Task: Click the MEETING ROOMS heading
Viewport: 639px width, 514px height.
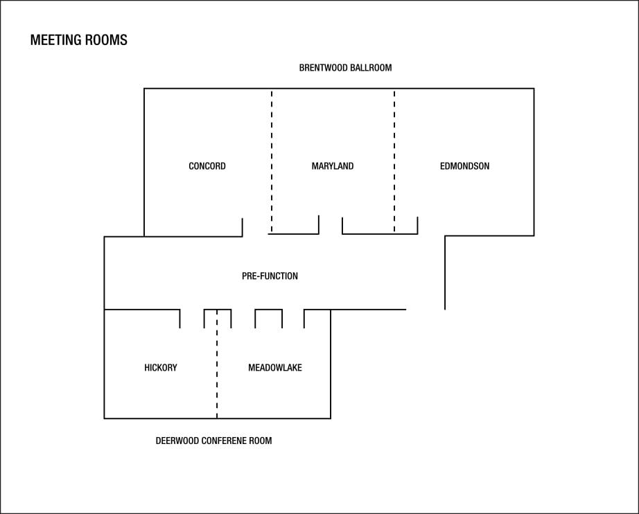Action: [78, 40]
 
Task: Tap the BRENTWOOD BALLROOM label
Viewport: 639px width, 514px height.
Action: [346, 68]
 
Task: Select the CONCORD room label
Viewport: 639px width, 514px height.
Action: [207, 166]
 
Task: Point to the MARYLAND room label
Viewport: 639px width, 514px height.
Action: [333, 166]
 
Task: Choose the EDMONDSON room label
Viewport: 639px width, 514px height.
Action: [464, 166]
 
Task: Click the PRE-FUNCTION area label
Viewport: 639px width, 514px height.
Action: [270, 276]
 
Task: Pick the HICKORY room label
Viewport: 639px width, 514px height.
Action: [161, 368]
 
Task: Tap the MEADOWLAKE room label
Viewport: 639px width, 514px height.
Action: [275, 368]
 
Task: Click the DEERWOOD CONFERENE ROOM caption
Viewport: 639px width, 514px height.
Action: [213, 441]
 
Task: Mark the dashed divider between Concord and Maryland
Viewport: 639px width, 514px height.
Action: [272, 161]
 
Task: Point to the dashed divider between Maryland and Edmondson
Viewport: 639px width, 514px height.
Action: [394, 161]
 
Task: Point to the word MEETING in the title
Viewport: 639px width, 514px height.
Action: [56, 40]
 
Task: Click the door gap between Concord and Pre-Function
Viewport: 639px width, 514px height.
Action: [255, 235]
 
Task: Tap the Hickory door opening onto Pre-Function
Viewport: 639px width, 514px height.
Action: [192, 310]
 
